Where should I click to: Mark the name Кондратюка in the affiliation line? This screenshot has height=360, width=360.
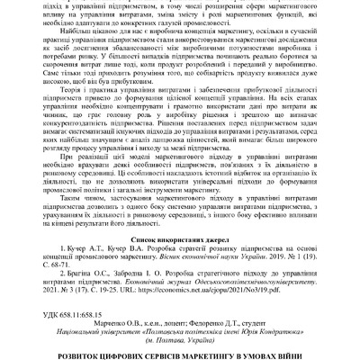[x=258, y=322]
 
